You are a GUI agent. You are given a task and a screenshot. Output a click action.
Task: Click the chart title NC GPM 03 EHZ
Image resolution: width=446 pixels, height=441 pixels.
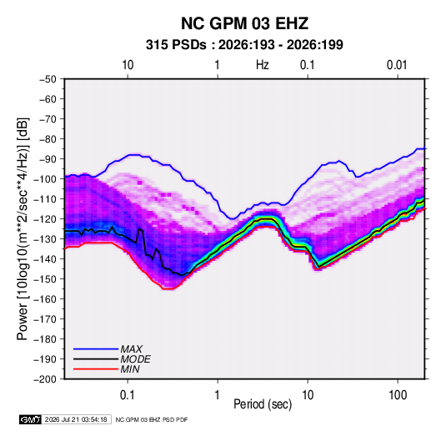[244, 23]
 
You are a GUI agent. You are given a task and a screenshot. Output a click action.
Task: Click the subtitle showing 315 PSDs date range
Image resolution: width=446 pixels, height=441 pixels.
[244, 45]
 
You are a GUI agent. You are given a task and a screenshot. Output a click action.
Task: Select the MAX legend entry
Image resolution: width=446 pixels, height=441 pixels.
[108, 348]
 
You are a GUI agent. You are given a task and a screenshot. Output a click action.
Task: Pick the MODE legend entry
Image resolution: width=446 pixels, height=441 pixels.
[112, 359]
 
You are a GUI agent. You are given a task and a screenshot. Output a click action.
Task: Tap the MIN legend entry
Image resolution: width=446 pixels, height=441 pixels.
[107, 369]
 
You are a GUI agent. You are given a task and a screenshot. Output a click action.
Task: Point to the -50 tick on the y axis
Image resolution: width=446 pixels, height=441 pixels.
[48, 79]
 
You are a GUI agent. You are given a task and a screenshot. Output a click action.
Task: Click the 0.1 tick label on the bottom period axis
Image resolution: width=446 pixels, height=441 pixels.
[128, 395]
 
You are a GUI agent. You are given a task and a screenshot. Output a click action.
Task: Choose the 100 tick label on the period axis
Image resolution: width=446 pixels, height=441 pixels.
[398, 395]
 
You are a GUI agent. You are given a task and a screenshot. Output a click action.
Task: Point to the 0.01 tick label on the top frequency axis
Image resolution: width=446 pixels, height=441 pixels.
[397, 65]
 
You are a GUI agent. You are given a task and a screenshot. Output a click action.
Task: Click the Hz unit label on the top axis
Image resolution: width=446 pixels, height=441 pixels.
[263, 65]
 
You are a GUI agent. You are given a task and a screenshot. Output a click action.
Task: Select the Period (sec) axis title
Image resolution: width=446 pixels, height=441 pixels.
[263, 404]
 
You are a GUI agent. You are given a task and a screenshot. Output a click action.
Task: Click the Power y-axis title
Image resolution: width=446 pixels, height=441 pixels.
[23, 228]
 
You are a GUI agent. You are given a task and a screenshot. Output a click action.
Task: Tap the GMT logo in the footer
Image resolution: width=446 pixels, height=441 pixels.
[31, 419]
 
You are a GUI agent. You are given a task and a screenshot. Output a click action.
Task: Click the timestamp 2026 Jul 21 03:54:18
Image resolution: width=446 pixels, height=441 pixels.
[76, 419]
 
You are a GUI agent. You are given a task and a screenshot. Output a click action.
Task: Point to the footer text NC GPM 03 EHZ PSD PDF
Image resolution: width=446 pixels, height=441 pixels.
[152, 419]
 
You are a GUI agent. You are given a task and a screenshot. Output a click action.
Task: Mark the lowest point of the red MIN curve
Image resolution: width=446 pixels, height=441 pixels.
[168, 288]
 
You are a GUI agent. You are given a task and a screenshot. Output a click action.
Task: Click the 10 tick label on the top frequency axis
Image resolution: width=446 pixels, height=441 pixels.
[128, 65]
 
